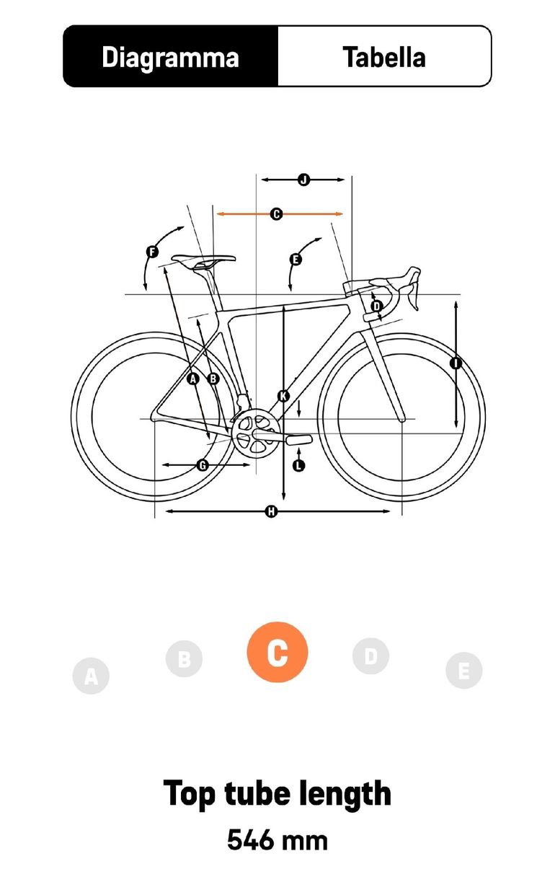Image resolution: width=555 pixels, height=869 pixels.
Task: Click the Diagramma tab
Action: pyautogui.click(x=171, y=56)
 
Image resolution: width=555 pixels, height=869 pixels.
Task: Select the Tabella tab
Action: pyautogui.click(x=384, y=56)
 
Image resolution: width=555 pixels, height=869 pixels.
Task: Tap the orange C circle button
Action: pyautogui.click(x=277, y=652)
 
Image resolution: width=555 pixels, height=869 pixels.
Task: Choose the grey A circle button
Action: pyautogui.click(x=91, y=676)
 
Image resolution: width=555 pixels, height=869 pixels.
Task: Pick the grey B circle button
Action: pyautogui.click(x=184, y=658)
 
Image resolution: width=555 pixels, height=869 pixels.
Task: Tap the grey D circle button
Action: pyautogui.click(x=370, y=656)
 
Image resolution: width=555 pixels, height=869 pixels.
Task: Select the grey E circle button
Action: pyautogui.click(x=464, y=671)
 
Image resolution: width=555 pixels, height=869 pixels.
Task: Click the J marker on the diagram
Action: pyautogui.click(x=303, y=180)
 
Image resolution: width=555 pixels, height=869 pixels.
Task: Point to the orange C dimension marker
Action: pyautogui.click(x=276, y=213)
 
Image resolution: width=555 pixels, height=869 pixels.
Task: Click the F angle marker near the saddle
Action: pyautogui.click(x=152, y=252)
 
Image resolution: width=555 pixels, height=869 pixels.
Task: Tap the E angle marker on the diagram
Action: pyautogui.click(x=296, y=259)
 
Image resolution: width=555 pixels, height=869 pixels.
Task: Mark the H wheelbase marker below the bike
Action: pyautogui.click(x=271, y=512)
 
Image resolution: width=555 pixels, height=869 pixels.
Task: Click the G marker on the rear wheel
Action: pyautogui.click(x=203, y=464)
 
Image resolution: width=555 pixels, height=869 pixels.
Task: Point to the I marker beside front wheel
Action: pyautogui.click(x=456, y=363)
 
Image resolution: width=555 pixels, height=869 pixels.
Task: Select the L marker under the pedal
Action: pyautogui.click(x=298, y=465)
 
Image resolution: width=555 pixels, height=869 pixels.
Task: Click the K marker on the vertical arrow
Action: pyautogui.click(x=283, y=396)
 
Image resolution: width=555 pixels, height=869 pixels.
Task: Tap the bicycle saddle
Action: pyautogui.click(x=203, y=260)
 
